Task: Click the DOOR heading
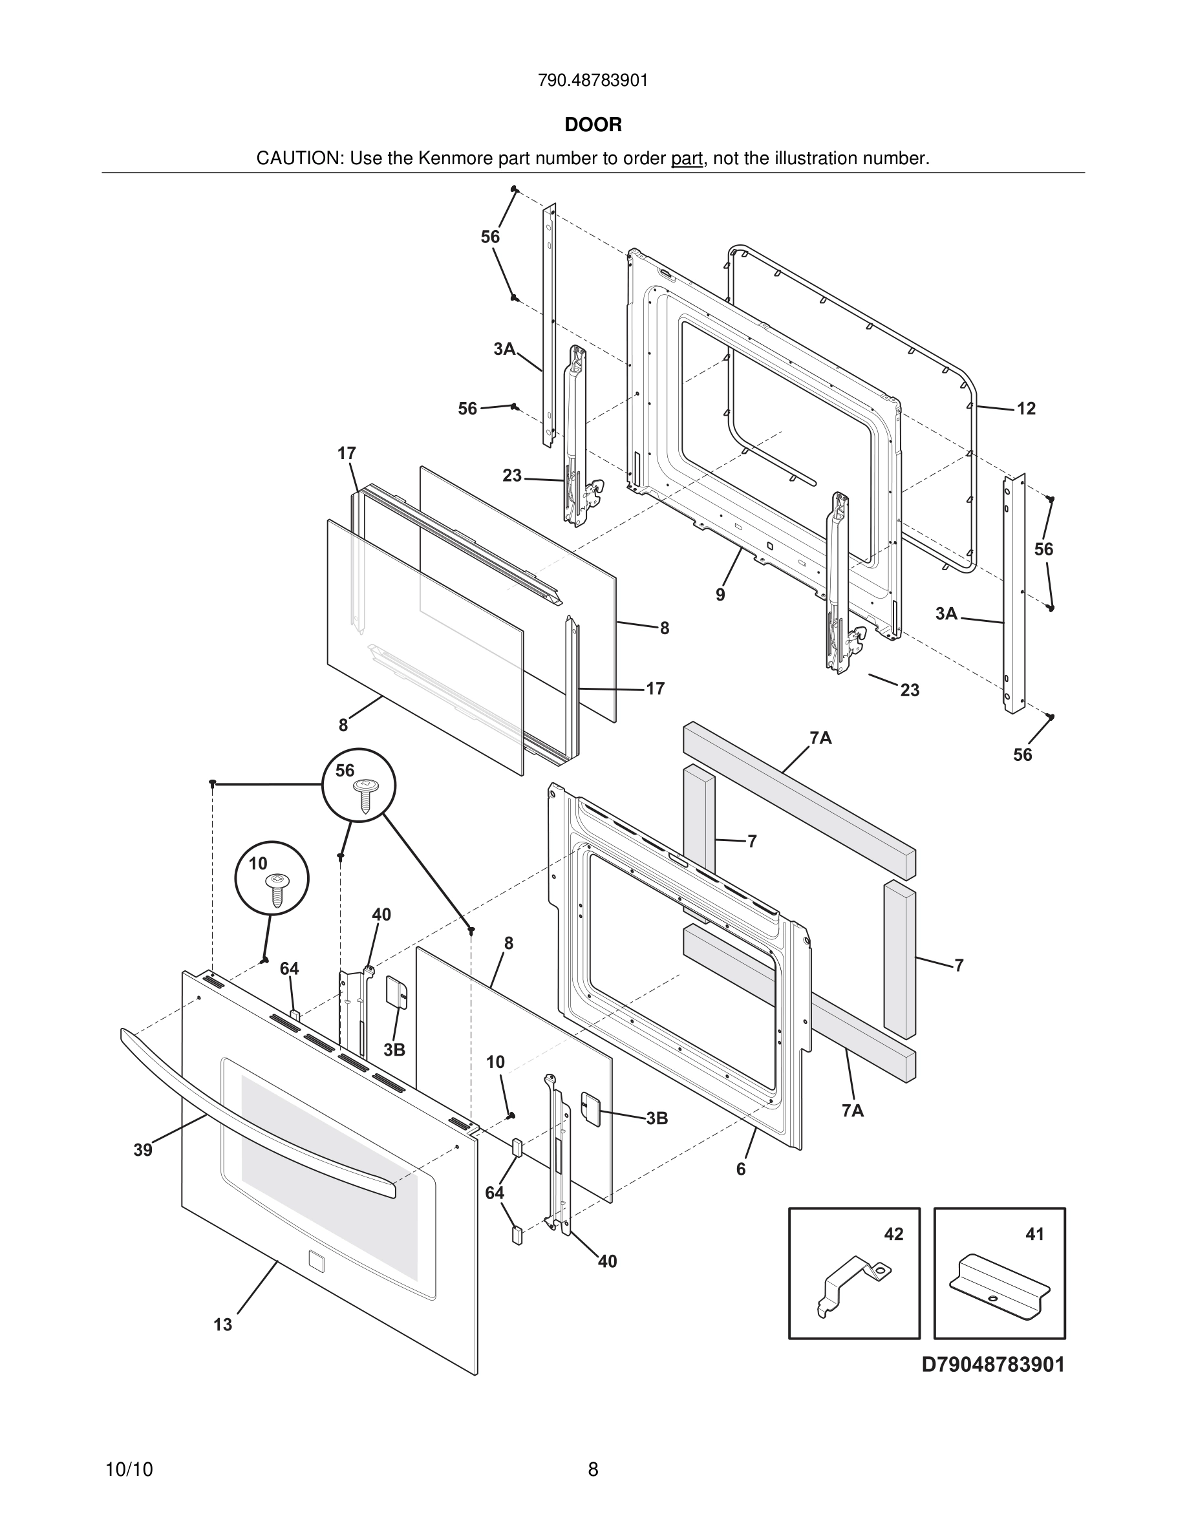coord(593,125)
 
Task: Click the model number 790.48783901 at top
coord(593,81)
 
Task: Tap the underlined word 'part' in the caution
coord(687,159)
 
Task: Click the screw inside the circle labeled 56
coord(366,795)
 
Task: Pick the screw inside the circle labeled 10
coord(275,890)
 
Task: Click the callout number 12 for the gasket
coord(1026,409)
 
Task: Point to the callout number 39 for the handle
coord(143,1150)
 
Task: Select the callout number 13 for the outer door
coord(223,1325)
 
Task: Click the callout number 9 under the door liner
coord(720,595)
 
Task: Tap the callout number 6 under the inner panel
coord(740,1169)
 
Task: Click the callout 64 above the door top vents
coord(289,969)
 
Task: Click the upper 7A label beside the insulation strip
coord(820,738)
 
